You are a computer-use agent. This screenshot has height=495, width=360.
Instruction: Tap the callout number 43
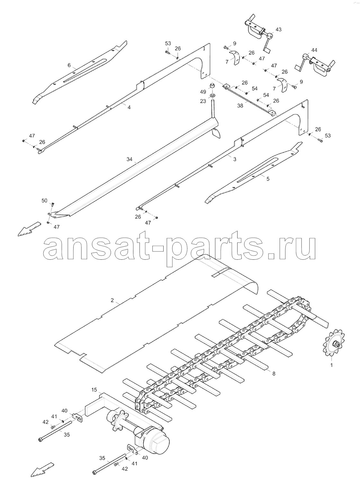[278, 29]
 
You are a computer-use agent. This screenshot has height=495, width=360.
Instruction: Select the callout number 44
[314, 50]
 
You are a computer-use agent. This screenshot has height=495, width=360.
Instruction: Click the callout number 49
[203, 92]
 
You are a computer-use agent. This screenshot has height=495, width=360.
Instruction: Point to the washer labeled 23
[213, 95]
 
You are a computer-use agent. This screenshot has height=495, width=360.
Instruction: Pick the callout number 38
[240, 106]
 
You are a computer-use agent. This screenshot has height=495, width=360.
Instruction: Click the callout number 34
[130, 159]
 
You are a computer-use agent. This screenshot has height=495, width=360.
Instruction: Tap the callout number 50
[44, 201]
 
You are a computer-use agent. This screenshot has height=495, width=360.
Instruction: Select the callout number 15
[94, 390]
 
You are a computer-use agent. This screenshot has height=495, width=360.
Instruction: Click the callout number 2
[112, 300]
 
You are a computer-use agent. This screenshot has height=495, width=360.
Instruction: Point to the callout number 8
[274, 373]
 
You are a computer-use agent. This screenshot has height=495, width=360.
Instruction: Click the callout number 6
[69, 65]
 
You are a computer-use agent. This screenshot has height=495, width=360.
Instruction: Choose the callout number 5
[268, 179]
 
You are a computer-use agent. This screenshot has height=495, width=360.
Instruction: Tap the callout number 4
[129, 107]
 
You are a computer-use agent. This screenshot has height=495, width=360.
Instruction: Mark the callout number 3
[234, 159]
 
